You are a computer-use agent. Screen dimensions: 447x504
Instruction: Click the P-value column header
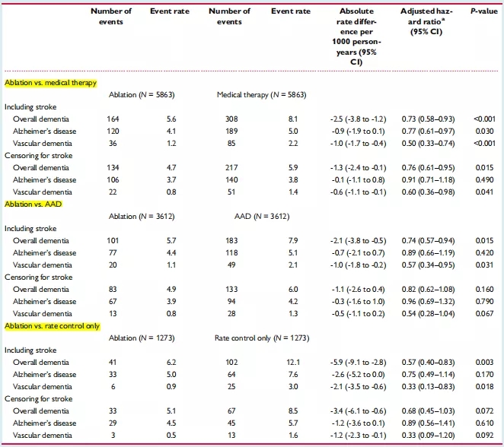click(x=477, y=11)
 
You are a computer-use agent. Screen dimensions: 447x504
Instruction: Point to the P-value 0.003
click(x=481, y=363)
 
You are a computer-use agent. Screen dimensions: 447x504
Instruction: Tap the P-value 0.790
click(x=481, y=302)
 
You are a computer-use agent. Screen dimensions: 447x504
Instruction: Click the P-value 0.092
click(x=481, y=436)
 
